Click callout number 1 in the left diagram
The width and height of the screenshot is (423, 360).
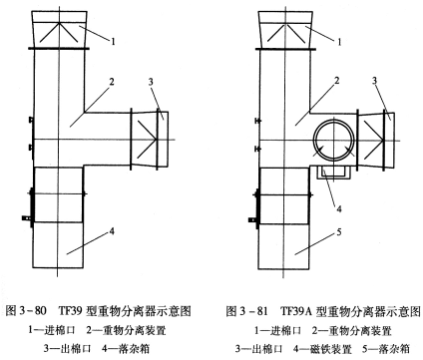[113, 42]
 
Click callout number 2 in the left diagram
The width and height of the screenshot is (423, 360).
[112, 82]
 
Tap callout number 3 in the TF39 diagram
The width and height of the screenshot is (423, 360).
[151, 82]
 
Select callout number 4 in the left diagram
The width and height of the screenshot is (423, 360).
[112, 231]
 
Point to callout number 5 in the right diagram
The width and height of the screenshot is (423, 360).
[339, 231]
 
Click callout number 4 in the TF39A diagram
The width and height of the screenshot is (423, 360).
[339, 208]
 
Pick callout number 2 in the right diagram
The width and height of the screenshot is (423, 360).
[337, 81]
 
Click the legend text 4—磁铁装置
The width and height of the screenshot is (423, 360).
[322, 349]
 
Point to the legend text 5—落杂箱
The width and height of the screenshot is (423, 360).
[386, 349]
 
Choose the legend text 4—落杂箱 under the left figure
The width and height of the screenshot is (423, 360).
[126, 349]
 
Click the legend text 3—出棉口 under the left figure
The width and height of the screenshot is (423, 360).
[68, 349]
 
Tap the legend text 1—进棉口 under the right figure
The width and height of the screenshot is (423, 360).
[277, 330]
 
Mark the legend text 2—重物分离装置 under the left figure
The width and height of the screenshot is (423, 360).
[126, 330]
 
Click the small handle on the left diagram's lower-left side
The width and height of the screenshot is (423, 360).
[26, 218]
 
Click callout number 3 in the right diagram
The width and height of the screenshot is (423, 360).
[374, 81]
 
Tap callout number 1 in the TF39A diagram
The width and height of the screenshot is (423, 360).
[339, 42]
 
